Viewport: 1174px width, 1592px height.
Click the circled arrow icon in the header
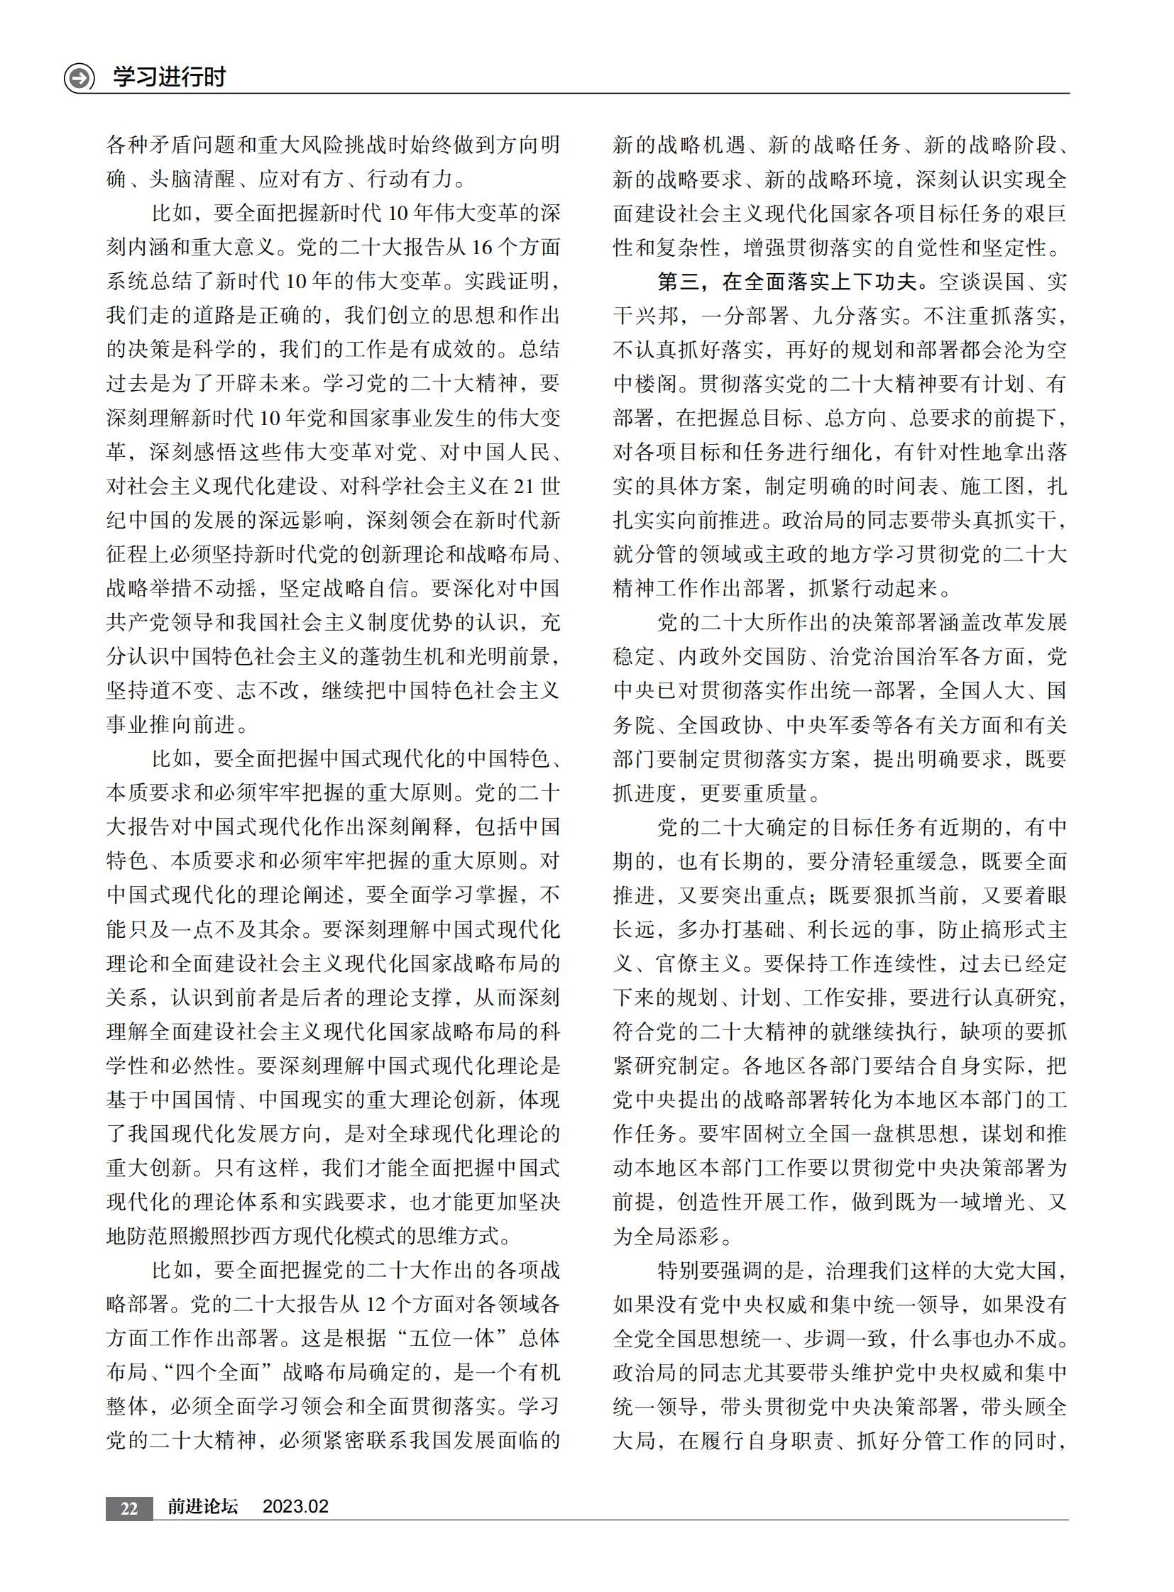click(79, 77)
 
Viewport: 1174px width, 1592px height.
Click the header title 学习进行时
click(169, 77)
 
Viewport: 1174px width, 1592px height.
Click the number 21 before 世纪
click(522, 487)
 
